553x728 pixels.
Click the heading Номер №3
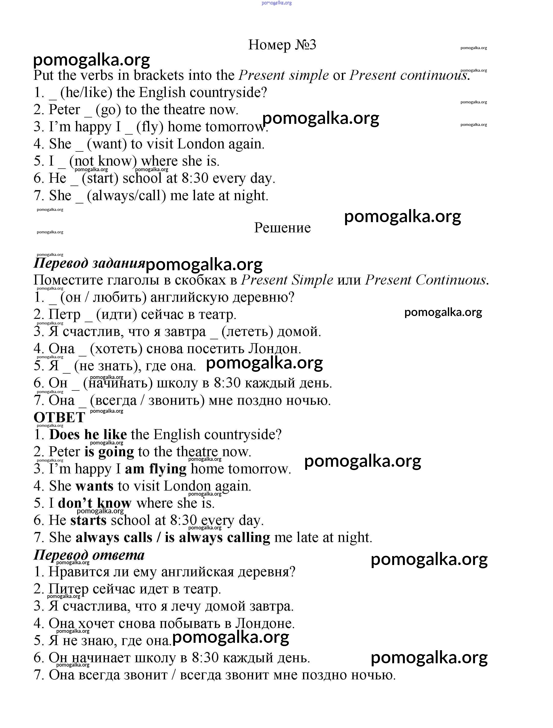coord(282,45)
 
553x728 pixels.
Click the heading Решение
coord(282,228)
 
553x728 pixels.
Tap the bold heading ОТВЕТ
coord(59,417)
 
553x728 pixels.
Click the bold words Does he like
coord(88,434)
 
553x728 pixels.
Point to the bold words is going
coord(109,452)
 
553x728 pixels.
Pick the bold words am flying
coord(156,469)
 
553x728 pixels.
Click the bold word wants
coord(94,486)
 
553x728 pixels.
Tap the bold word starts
coord(89,520)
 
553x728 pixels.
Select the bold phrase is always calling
coord(218,537)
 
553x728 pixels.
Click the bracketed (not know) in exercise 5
coord(103,161)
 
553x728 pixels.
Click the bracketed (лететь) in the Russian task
coord(247,331)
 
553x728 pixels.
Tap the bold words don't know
coord(94,503)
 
